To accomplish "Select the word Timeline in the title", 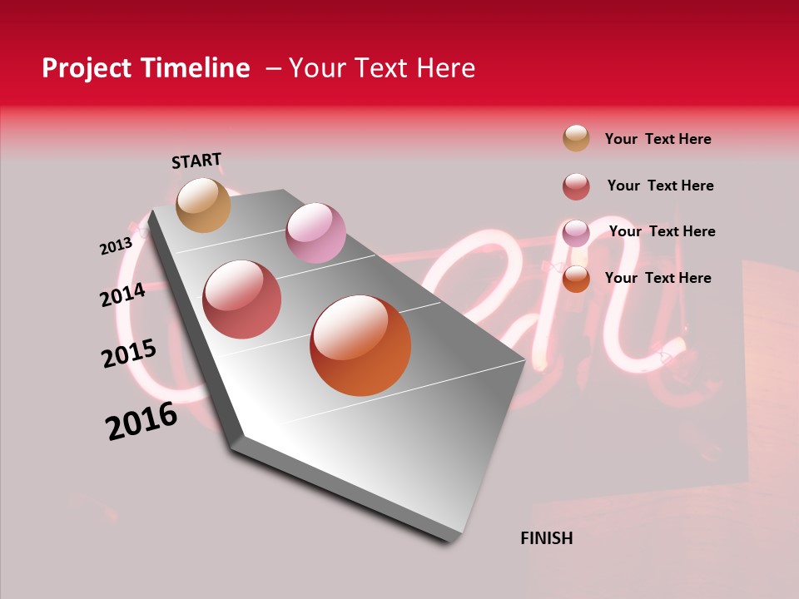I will point(195,68).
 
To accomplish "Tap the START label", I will point(196,161).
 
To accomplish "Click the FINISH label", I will point(547,538).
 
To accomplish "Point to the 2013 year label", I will point(116,246).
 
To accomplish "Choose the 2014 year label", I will point(123,295).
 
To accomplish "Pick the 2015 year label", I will point(129,354).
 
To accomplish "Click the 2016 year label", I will point(141,421).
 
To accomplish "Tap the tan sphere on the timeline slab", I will point(204,205).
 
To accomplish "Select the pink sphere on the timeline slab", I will point(315,233).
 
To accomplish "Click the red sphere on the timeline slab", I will point(242,299).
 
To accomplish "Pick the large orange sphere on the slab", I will point(360,345).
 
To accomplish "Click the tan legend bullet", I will point(576,138).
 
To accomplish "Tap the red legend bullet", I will point(576,186).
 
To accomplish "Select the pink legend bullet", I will point(576,233).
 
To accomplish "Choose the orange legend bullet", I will point(576,279).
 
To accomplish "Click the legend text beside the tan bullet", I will point(658,139).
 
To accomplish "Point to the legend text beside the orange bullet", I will point(658,278).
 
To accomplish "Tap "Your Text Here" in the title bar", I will point(382,68).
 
